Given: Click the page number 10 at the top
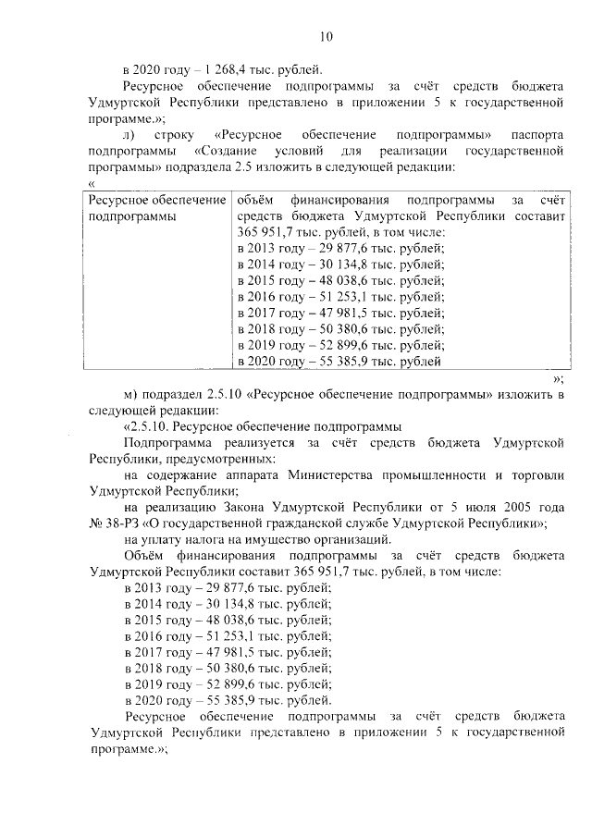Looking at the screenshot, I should pyautogui.click(x=326, y=37).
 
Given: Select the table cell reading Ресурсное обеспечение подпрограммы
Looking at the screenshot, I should pyautogui.click(x=155, y=207).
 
